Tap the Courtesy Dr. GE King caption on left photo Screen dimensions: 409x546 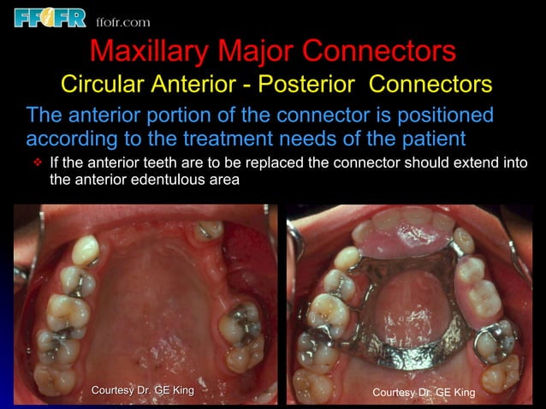coord(143,391)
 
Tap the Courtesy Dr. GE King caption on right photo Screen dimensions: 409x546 coord(424,392)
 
